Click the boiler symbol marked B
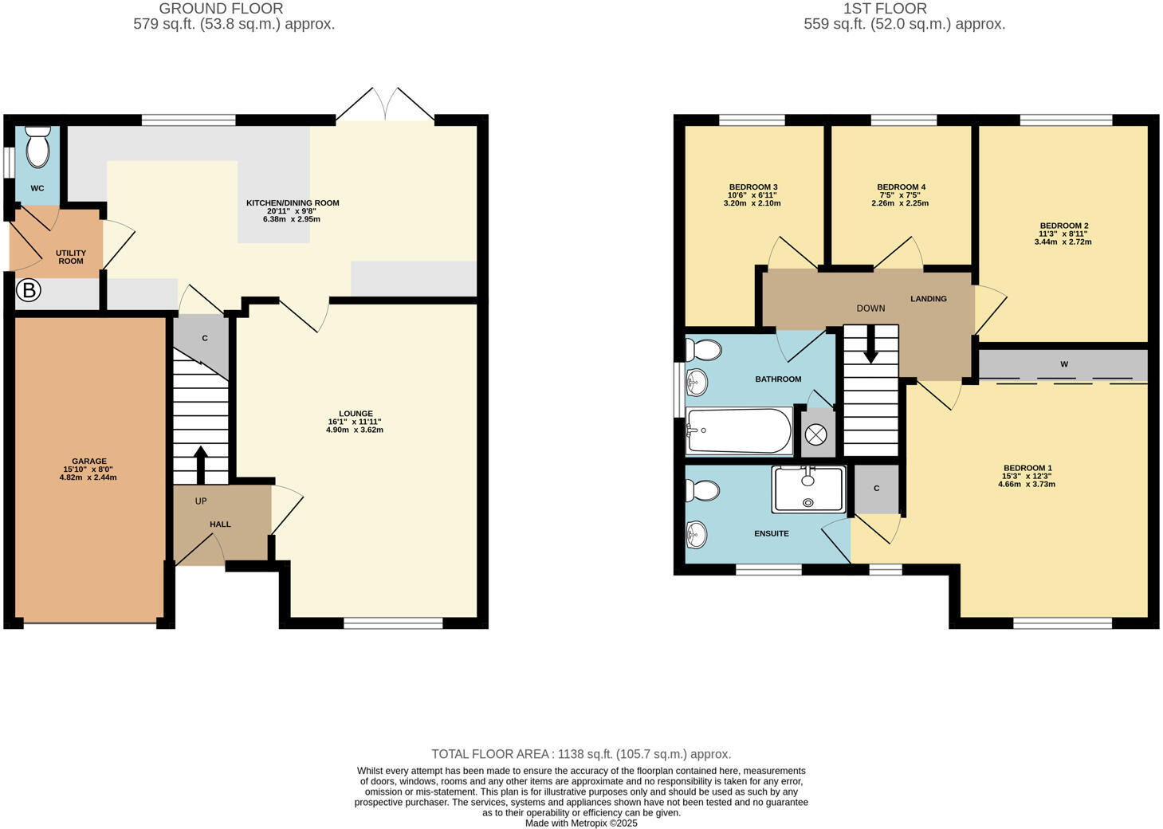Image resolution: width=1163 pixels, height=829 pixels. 29,291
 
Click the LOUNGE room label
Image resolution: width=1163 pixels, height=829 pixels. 355,414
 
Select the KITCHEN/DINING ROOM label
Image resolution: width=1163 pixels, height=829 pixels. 293,202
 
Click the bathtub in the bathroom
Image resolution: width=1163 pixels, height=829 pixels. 738,431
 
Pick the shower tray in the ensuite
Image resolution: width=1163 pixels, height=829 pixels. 808,489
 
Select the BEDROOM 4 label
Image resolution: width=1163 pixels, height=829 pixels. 901,187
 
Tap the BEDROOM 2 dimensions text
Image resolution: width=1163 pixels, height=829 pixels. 1063,238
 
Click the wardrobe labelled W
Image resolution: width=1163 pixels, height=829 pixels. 1063,364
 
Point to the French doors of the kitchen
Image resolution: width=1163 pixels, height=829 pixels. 386,105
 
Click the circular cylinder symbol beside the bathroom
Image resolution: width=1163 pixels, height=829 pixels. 816,434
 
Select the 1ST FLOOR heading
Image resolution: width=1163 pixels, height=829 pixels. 885,9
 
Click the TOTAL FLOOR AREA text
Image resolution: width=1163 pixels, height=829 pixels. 581,754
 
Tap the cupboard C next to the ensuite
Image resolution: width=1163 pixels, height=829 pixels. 876,488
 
